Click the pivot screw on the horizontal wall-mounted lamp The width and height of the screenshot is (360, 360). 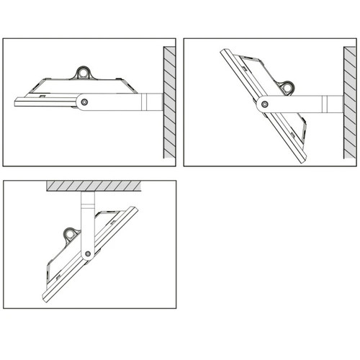click(84, 102)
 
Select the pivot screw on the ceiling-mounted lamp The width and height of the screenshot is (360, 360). click(87, 253)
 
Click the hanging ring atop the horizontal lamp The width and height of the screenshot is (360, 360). click(85, 73)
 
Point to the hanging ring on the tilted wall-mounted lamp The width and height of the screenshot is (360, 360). click(289, 87)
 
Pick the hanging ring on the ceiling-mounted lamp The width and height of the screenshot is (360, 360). click(71, 234)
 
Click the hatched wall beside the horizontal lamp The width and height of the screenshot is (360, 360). click(168, 101)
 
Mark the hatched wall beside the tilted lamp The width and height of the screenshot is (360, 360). click(346, 101)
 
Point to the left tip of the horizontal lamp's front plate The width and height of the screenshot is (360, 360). click(16, 100)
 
